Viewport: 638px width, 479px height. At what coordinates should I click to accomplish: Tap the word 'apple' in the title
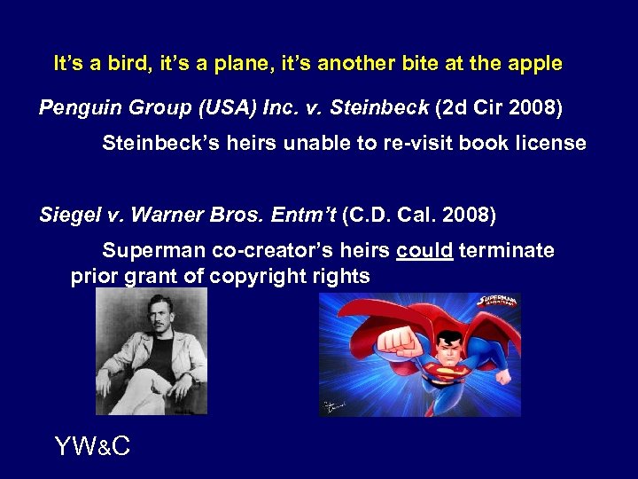pos(535,64)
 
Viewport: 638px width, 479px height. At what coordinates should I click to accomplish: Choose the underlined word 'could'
pos(425,251)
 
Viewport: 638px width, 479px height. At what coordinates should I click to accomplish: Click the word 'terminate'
pos(508,251)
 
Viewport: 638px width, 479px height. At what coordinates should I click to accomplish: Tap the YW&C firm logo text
pos(92,446)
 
